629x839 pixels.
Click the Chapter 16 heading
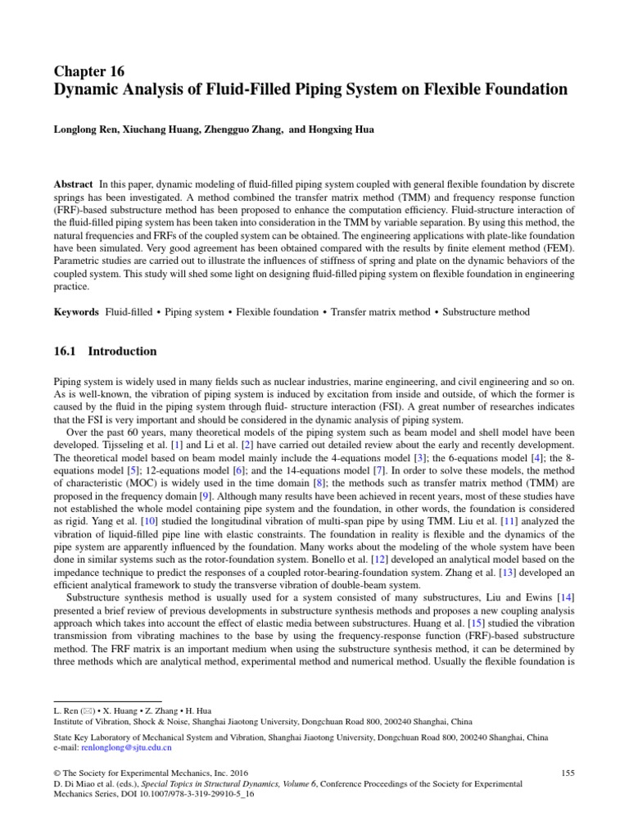click(x=89, y=71)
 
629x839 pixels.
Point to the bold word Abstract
click(x=72, y=184)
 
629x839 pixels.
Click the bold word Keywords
click(x=76, y=312)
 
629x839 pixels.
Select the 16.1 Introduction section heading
click(x=105, y=351)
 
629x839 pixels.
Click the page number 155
click(x=568, y=773)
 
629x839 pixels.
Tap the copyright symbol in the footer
click(x=57, y=773)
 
